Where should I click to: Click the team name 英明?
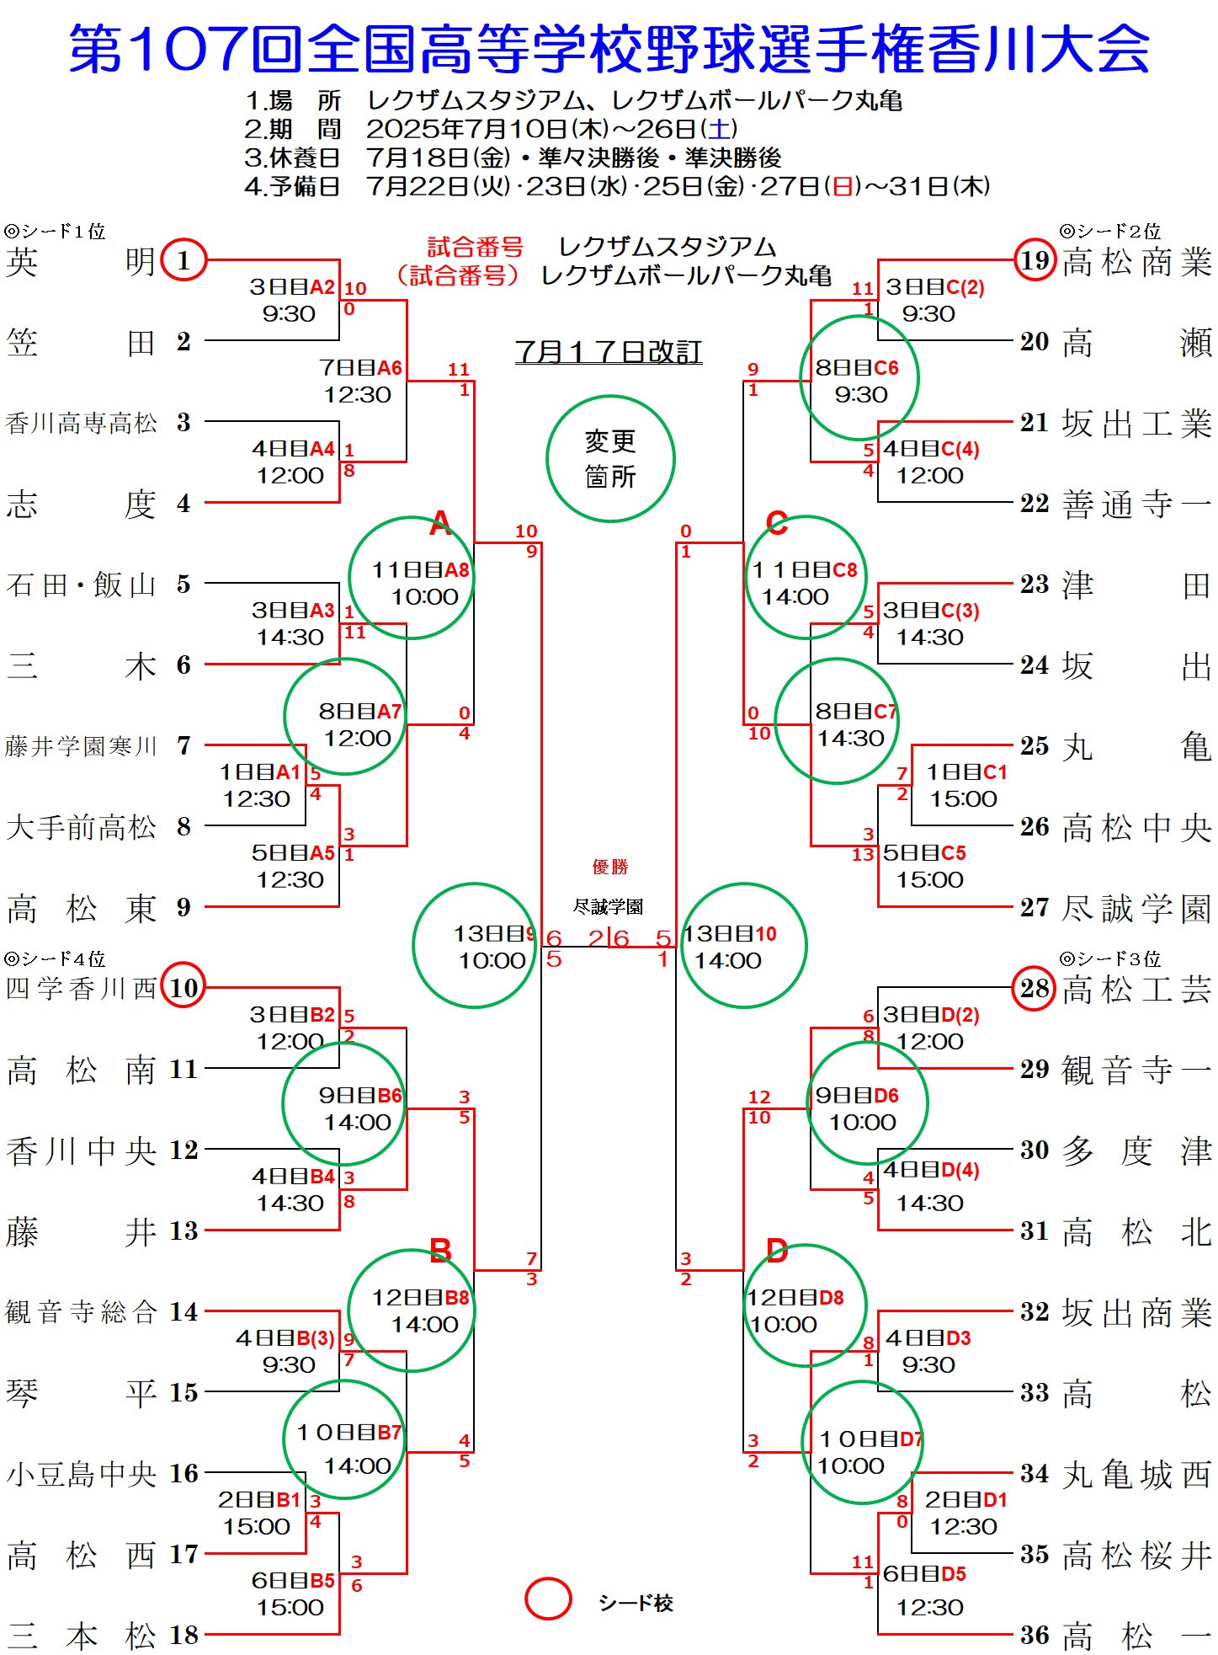click(81, 261)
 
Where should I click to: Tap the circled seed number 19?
click(1035, 260)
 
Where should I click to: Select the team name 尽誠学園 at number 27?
click(1136, 908)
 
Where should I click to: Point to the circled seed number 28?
click(1035, 988)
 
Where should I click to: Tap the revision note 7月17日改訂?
click(609, 351)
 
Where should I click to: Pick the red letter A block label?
click(440, 523)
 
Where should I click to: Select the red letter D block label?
click(777, 1251)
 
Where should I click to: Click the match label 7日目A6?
click(361, 368)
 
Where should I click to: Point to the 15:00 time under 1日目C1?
click(963, 798)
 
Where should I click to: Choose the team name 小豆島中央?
click(81, 1474)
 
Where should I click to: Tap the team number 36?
click(1034, 1636)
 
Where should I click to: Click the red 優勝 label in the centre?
click(610, 867)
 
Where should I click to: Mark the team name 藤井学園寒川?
click(81, 746)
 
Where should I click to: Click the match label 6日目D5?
click(924, 1574)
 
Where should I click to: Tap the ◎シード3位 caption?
click(1110, 958)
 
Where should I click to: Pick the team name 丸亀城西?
click(1136, 1474)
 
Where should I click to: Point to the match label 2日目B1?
click(259, 1500)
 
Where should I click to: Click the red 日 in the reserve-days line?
click(843, 186)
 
